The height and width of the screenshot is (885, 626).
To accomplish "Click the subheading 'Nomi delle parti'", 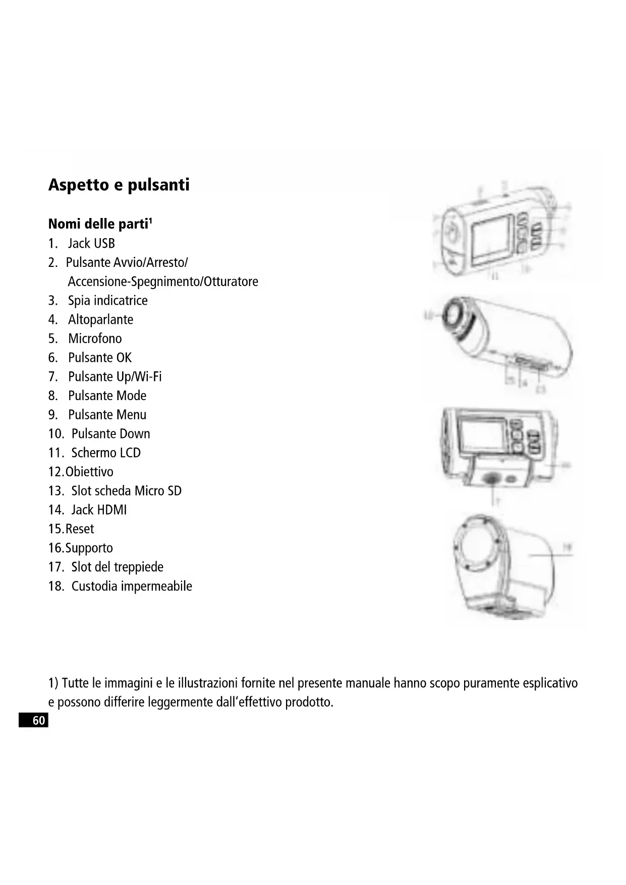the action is (98, 224).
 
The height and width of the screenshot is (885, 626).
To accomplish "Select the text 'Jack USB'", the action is (91, 244).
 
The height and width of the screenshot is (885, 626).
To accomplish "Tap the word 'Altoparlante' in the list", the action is (100, 320).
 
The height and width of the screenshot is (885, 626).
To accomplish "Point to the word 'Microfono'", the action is (95, 339).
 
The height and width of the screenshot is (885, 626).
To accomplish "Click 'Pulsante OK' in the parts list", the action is (99, 358).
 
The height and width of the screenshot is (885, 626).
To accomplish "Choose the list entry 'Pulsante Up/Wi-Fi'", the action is (115, 377).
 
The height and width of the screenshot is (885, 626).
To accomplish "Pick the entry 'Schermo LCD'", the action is (106, 453).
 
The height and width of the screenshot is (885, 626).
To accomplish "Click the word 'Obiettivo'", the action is (89, 472).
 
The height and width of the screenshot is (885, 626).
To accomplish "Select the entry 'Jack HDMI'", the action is (99, 510).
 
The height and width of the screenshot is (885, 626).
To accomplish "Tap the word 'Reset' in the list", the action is (80, 529).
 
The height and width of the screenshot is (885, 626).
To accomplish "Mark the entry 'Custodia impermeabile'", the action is (132, 586).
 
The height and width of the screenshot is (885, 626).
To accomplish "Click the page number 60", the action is (38, 721).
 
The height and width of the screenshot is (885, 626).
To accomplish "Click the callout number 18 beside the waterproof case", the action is (566, 546).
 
